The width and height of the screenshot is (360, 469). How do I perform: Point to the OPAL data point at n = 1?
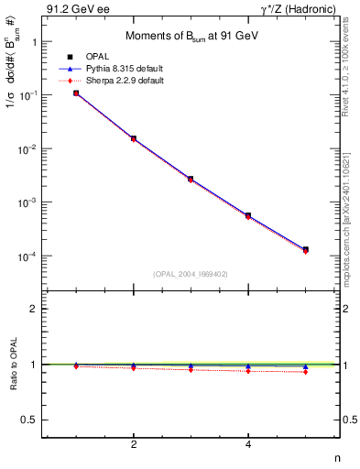click(76, 93)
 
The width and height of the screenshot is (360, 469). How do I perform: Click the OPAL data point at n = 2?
click(134, 138)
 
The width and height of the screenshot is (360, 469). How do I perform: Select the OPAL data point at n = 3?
click(191, 179)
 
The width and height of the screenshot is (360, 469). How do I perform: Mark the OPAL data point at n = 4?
click(248, 215)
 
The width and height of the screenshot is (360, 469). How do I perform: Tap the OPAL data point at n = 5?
click(305, 249)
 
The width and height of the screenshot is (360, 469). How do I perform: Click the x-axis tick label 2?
click(134, 444)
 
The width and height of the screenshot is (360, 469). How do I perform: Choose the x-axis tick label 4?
click(248, 444)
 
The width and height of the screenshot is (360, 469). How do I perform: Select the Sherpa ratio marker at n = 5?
click(305, 372)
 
